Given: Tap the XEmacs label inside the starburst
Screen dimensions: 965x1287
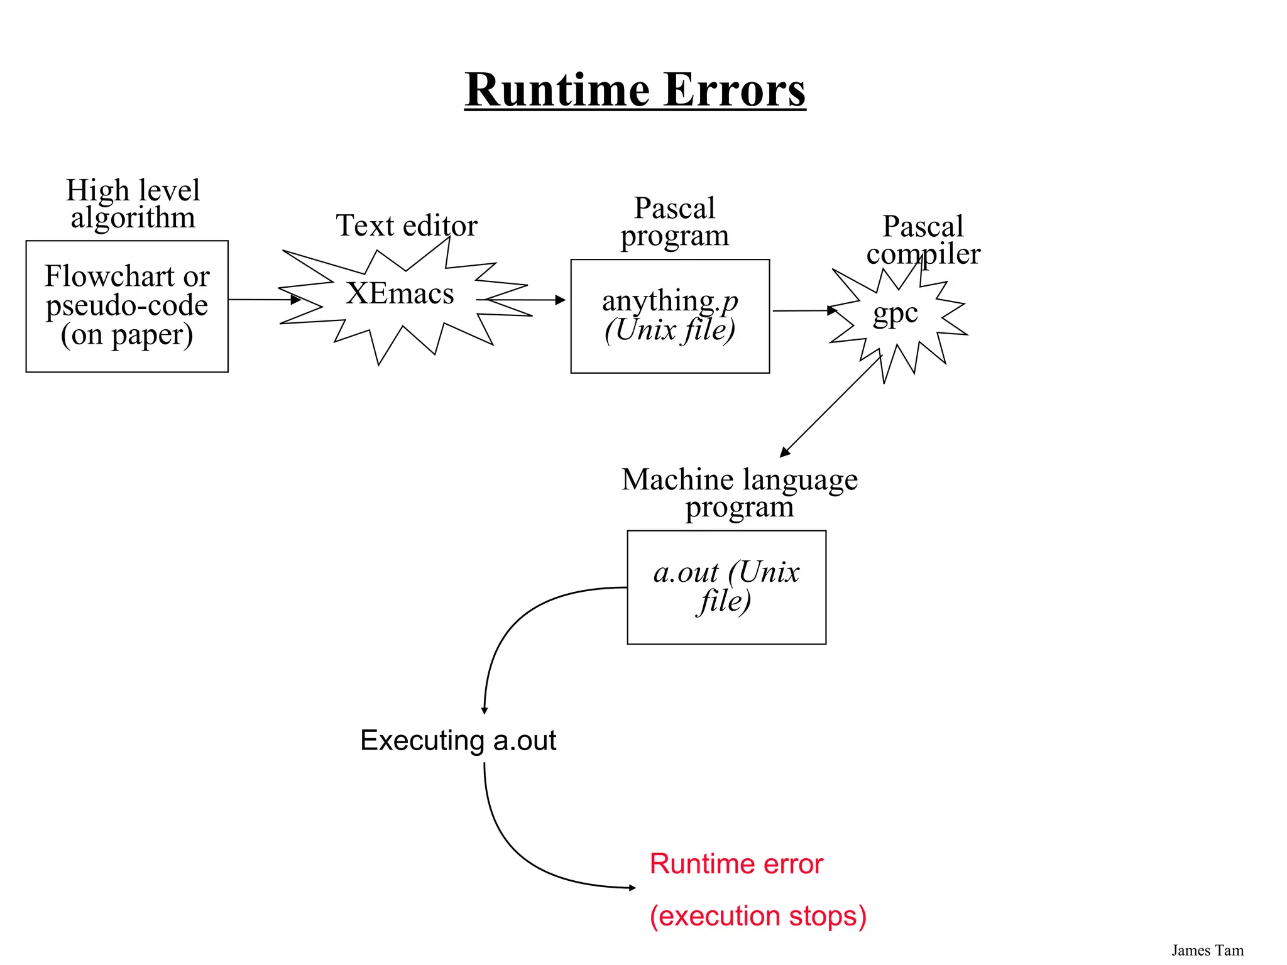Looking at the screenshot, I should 400,293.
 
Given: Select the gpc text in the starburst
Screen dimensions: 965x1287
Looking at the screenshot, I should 895,312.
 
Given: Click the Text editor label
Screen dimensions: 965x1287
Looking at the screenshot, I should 407,226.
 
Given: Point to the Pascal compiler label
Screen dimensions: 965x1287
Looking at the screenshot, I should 923,240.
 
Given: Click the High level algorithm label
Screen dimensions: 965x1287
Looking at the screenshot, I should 133,204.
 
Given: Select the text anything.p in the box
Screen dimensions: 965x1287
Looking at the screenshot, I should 670,301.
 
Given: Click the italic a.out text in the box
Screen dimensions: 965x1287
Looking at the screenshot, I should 685,572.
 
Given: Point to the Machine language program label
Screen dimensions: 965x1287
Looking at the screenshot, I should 739,493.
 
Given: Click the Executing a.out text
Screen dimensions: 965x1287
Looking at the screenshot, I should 458,740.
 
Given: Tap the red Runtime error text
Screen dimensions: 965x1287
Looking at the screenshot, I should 736,864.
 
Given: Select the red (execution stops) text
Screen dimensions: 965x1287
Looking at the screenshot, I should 758,916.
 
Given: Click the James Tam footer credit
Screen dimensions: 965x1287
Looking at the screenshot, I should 1207,951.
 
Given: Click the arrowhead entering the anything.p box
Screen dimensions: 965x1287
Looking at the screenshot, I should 561,300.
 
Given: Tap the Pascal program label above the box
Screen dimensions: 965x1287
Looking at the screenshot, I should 674,222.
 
